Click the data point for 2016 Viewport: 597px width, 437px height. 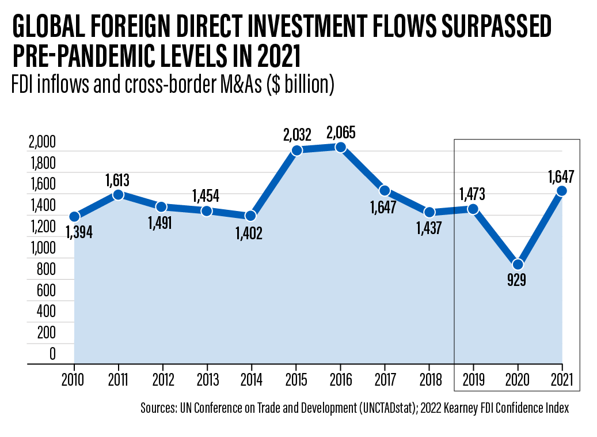point(340,148)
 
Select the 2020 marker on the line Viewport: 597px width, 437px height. point(518,265)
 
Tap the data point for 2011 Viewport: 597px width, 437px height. point(118,195)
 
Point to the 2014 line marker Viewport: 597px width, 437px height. point(251,216)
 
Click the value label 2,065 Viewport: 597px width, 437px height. point(340,133)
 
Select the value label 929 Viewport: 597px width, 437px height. point(517,281)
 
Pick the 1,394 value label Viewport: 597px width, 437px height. point(79,232)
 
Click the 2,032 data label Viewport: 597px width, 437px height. point(297,135)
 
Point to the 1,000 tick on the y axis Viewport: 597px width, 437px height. point(42,248)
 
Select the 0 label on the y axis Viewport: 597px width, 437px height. point(52,354)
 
